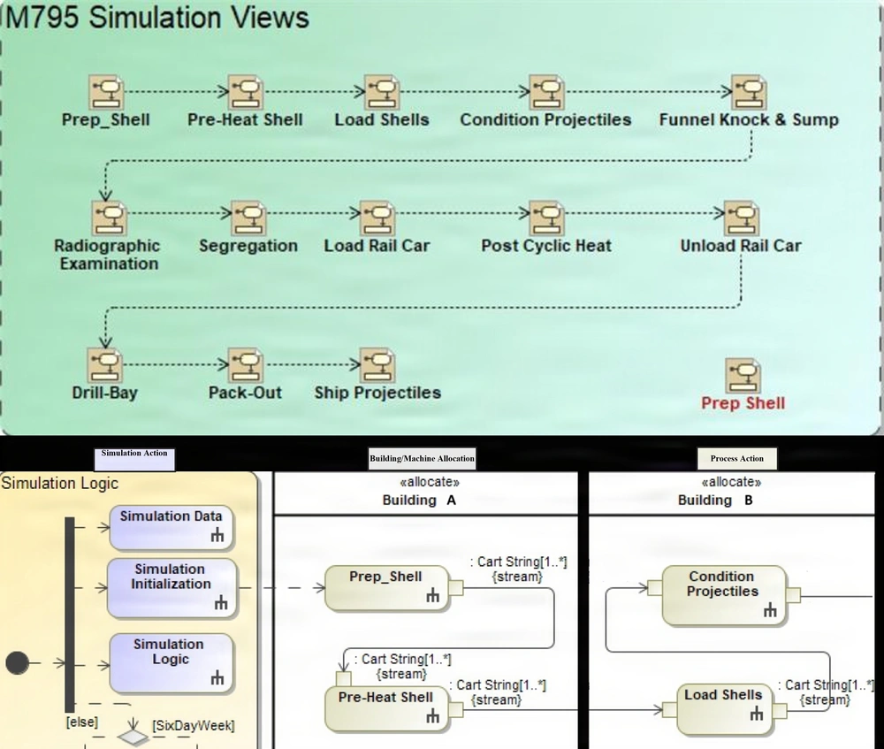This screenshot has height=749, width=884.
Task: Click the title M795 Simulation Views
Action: click(x=157, y=18)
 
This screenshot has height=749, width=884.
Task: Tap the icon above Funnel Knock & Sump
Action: click(x=748, y=93)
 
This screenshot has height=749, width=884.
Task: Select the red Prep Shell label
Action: click(x=743, y=403)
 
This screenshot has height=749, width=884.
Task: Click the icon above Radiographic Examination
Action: click(x=108, y=218)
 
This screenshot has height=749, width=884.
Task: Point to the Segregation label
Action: click(x=248, y=246)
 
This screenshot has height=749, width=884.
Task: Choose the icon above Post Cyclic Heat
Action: click(x=545, y=218)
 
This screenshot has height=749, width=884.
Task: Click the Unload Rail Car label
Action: click(x=740, y=246)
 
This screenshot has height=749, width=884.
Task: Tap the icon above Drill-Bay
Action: click(x=104, y=364)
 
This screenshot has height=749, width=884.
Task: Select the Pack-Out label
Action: click(x=245, y=392)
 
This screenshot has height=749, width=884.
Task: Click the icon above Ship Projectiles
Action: click(x=377, y=364)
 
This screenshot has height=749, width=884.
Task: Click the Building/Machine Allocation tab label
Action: click(x=422, y=457)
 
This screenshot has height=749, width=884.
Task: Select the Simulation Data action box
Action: click(x=171, y=524)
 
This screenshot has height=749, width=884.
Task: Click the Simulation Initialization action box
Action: click(x=171, y=586)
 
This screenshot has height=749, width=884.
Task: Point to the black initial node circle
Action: click(x=17, y=662)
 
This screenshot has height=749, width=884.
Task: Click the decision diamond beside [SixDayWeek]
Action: click(x=133, y=734)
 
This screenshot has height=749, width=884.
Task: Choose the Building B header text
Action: click(x=715, y=500)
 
